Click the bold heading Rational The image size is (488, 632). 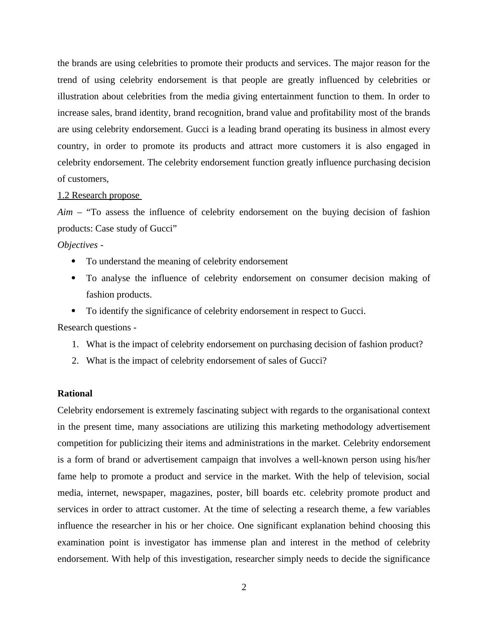click(x=75, y=394)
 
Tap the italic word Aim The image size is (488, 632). click(x=65, y=212)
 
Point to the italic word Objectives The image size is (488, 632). click(x=78, y=245)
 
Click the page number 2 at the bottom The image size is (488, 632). click(x=244, y=587)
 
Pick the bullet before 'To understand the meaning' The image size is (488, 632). click(x=74, y=261)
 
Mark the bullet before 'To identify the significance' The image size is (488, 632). click(x=74, y=311)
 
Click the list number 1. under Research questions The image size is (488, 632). click(x=75, y=344)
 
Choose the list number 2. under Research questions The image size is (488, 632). click(x=75, y=361)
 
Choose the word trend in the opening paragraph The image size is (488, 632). click(x=68, y=80)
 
